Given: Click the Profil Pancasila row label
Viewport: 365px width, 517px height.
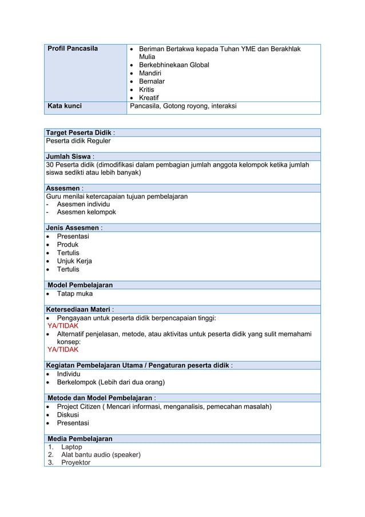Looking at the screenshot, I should [x=72, y=49].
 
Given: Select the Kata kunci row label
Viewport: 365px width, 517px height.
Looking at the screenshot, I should [x=64, y=106].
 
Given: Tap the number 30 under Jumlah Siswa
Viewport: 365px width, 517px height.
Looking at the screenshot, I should [x=50, y=166].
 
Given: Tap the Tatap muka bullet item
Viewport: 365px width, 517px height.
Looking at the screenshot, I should [x=74, y=294].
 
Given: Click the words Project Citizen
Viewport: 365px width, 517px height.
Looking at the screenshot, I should [x=81, y=407].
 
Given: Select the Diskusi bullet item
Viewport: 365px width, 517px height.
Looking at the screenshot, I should [x=69, y=415].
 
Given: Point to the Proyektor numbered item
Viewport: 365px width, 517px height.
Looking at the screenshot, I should [x=76, y=463].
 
